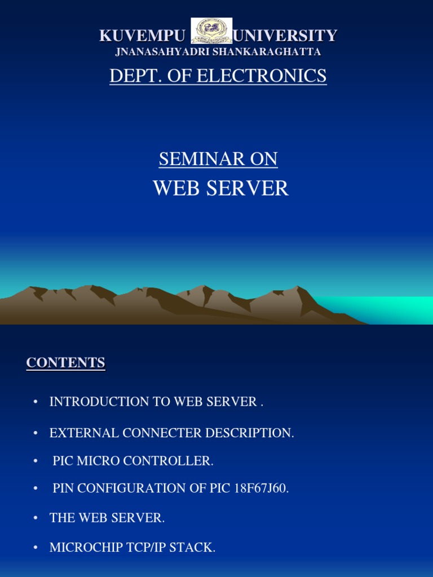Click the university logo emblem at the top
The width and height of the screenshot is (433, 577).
[x=211, y=31]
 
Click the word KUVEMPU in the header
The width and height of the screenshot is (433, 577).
[x=142, y=36]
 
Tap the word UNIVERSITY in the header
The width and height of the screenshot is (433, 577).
[x=285, y=36]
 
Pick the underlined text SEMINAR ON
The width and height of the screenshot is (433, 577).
[x=218, y=159]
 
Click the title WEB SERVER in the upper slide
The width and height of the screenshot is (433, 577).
[x=220, y=188]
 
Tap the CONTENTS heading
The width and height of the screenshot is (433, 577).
[x=65, y=363]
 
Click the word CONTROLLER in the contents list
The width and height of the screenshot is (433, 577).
[x=168, y=461]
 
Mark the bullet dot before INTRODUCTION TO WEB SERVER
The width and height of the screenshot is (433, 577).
[x=36, y=402]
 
